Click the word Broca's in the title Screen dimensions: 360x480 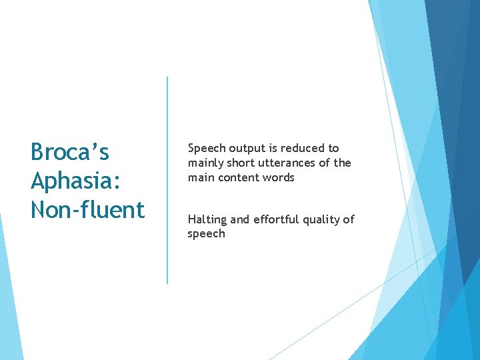point(70,153)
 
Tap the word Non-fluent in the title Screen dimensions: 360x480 point(87,210)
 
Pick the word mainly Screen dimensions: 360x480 point(204,163)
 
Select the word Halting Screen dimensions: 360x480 point(207,220)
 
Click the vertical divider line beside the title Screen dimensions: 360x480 point(167,180)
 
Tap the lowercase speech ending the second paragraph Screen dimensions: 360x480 point(207,235)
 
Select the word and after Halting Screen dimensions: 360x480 point(239,219)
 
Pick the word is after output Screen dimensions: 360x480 point(271,148)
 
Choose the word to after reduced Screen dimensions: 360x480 point(333,148)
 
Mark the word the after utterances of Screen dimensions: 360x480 point(342,163)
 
